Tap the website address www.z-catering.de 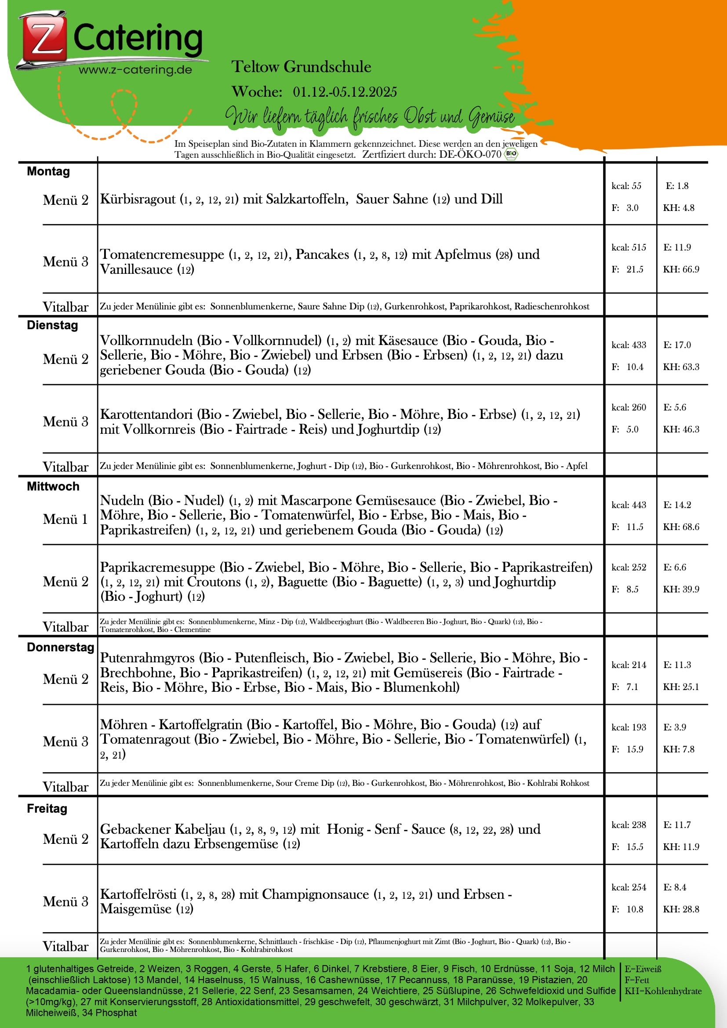click(x=135, y=70)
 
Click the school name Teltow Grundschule click(x=301, y=67)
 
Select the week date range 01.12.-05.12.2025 click(x=345, y=92)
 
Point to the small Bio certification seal click(x=511, y=154)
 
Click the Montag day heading click(x=48, y=171)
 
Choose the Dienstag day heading click(x=52, y=325)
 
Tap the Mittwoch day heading click(x=53, y=486)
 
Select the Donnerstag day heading click(x=60, y=647)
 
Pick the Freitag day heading click(x=47, y=808)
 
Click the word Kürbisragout click(x=138, y=199)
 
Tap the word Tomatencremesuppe click(x=162, y=254)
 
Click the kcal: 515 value click(x=629, y=247)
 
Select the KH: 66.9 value click(x=681, y=269)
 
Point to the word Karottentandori click(x=147, y=414)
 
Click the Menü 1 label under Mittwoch click(x=65, y=519)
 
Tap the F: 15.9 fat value click(x=628, y=749)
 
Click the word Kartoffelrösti click(x=138, y=894)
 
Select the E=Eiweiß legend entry click(x=643, y=969)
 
